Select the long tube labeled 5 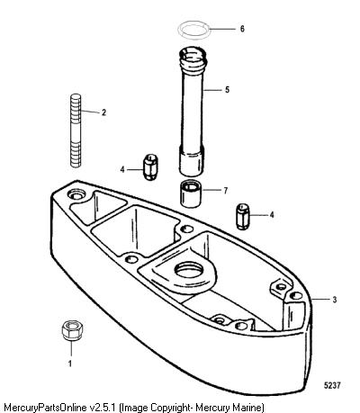[x=193, y=111]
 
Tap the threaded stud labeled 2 [x=76, y=130]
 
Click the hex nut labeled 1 [x=72, y=330]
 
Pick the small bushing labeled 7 [x=191, y=194]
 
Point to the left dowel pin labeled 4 [x=150, y=166]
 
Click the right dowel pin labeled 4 [x=243, y=217]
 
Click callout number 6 [x=242, y=29]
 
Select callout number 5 [x=227, y=89]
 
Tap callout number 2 [x=103, y=112]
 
